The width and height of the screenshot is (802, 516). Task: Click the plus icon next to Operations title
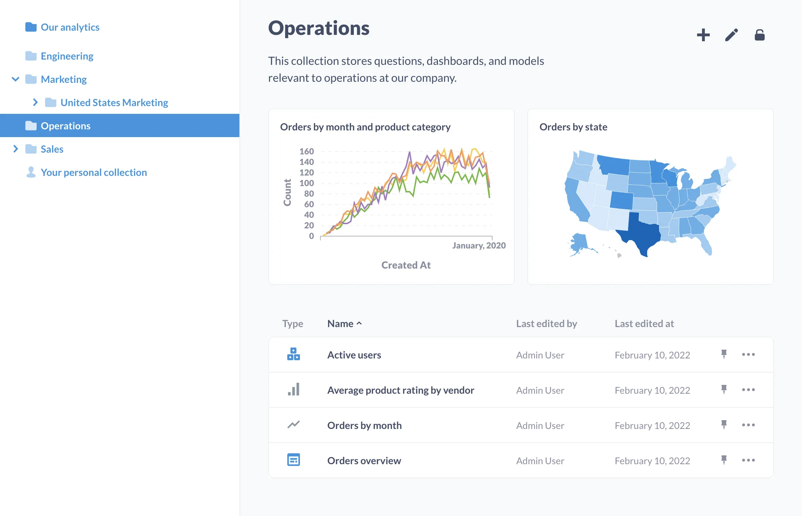tap(703, 35)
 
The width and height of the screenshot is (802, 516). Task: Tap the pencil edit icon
tap(731, 35)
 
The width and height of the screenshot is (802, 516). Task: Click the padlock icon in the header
tap(759, 35)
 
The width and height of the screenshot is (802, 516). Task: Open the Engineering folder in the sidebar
tap(67, 56)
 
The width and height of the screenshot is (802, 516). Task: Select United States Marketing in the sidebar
tap(114, 103)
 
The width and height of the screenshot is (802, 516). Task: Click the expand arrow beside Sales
tap(15, 149)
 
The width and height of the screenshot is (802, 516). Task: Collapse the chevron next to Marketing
tap(15, 79)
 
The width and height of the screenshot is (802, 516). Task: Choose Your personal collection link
tap(94, 172)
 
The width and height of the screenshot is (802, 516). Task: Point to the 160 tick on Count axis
tap(306, 152)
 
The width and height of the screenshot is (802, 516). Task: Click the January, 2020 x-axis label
tap(479, 246)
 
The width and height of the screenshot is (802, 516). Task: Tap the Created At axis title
tap(406, 265)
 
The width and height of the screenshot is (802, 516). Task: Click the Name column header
tap(340, 324)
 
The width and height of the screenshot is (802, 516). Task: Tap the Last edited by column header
tap(546, 324)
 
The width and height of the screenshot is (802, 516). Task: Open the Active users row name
tap(354, 355)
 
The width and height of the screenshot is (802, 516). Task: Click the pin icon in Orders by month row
tap(724, 425)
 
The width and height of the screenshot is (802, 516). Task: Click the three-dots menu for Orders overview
tap(748, 460)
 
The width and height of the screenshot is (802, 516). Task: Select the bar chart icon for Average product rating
tap(294, 390)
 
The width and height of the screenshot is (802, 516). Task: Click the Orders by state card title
tap(573, 127)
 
